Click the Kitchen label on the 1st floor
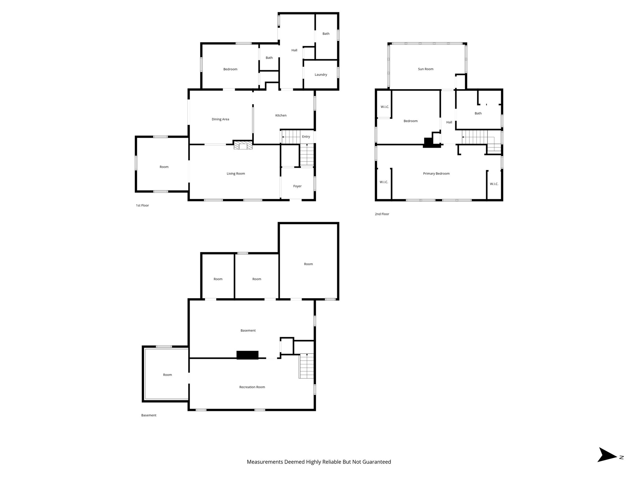[x=281, y=115]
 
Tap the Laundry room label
[x=321, y=75]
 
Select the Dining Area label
[x=220, y=119]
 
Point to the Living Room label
[x=236, y=174]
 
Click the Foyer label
[x=297, y=186]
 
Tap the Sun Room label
[x=426, y=69]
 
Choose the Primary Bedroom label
[x=436, y=174]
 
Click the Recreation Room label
[x=252, y=387]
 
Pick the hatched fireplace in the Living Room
[x=243, y=145]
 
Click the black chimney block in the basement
[x=247, y=355]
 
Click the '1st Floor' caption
[x=142, y=205]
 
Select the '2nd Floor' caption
[x=382, y=214]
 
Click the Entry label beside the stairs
[x=306, y=137]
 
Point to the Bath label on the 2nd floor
[x=478, y=113]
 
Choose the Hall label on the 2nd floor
[x=449, y=122]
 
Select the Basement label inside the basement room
[x=248, y=330]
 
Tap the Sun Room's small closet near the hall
[x=460, y=82]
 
